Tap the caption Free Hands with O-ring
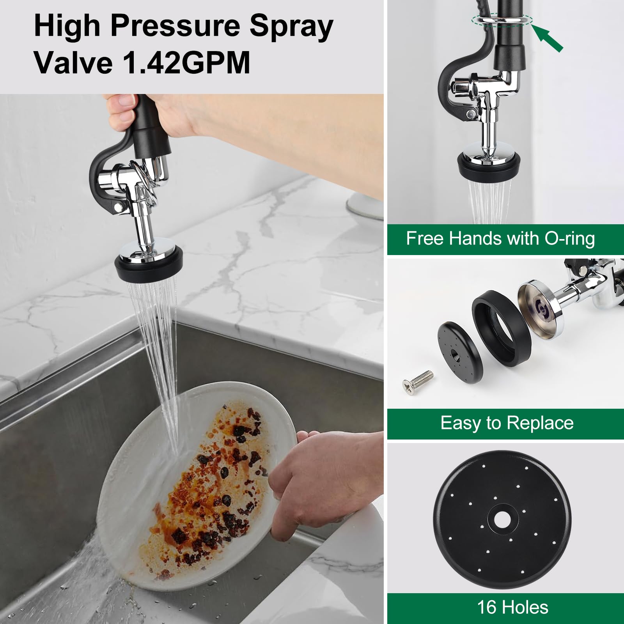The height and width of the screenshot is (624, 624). tap(500, 238)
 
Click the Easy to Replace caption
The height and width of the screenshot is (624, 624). tap(507, 423)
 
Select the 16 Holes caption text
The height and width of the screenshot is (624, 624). tap(512, 607)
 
